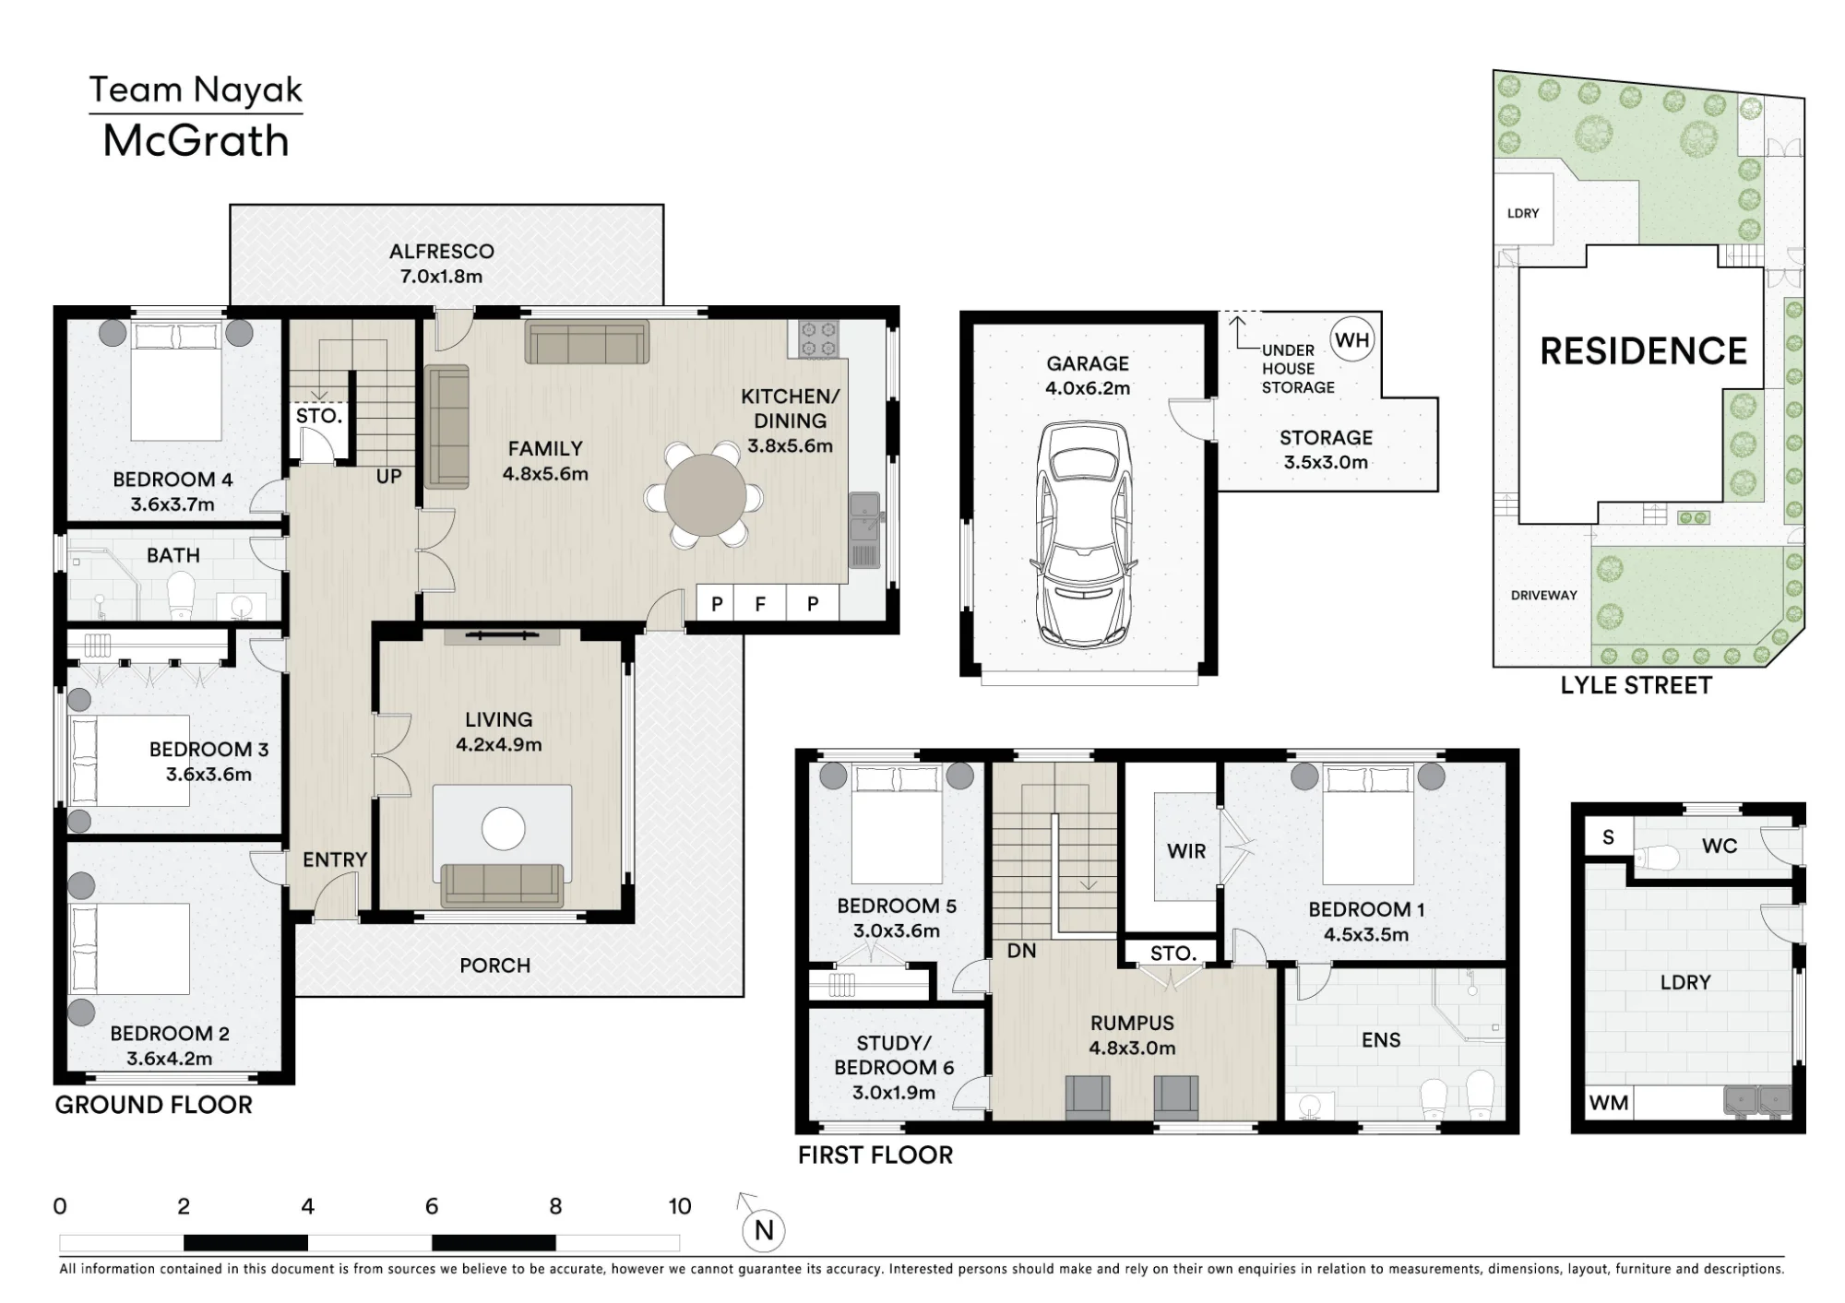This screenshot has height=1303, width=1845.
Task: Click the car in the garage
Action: coord(1085,532)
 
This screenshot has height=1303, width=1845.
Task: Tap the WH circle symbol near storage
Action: coord(1351,340)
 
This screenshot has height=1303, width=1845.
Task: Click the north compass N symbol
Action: coord(763,1230)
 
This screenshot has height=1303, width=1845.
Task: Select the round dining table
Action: coord(706,495)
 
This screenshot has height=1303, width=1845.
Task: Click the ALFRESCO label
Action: coord(441,251)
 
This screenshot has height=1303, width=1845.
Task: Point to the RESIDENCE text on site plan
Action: coord(1643,351)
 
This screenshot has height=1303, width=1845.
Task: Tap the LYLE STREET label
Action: coord(1636,685)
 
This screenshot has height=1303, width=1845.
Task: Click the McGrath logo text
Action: coord(196,141)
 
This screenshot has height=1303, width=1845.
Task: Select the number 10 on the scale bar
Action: coord(680,1206)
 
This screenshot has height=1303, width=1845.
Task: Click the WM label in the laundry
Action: coord(1609,1103)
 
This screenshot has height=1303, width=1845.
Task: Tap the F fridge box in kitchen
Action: coord(761,604)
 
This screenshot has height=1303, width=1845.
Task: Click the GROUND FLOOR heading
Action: coord(153,1105)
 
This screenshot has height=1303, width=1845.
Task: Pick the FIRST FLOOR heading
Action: coord(875,1155)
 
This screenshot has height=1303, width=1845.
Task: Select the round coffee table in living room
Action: coord(504,828)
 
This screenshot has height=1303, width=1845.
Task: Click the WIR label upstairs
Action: coord(1186,851)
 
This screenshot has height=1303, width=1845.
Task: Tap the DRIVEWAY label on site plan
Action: coord(1543,595)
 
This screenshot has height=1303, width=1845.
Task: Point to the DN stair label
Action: coord(1021,951)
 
